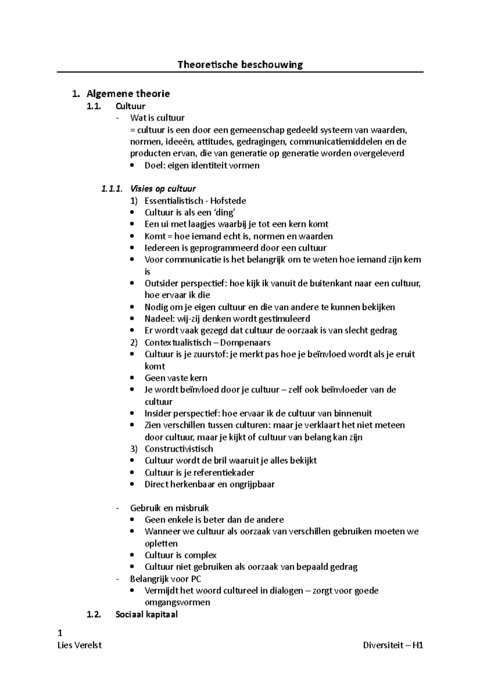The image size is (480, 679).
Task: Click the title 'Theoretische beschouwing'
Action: click(240, 64)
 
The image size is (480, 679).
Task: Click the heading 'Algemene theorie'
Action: click(128, 94)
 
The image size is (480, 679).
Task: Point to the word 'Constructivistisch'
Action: click(179, 449)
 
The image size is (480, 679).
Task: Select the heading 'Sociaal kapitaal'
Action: click(146, 614)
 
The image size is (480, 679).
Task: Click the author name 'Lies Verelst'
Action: click(80, 645)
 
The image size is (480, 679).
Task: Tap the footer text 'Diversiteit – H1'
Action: click(393, 645)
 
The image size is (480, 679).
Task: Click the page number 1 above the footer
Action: click(60, 633)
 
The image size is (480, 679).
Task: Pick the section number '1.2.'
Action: click(94, 614)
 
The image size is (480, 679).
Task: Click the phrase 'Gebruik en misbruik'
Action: click(170, 508)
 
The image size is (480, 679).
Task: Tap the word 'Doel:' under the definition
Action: click(155, 166)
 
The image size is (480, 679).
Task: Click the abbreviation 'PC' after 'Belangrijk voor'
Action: click(196, 579)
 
